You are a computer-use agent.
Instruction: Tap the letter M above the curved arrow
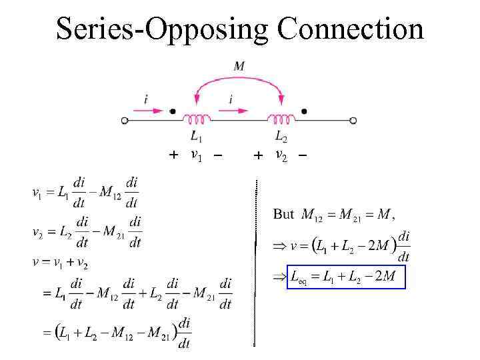[239, 66]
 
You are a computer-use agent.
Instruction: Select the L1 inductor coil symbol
[197, 119]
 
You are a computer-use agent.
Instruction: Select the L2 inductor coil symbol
[281, 119]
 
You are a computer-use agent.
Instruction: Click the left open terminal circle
[125, 121]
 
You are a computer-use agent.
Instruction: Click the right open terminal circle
[353, 121]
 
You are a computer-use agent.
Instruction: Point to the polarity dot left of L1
[173, 111]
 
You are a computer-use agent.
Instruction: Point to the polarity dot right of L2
[304, 111]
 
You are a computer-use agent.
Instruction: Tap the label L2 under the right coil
[281, 137]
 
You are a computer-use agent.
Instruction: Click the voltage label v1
[196, 156]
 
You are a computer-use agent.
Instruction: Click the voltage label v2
[281, 156]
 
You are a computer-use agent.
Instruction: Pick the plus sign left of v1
[173, 155]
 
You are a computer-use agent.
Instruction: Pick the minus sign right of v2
[303, 155]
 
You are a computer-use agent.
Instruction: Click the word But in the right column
[283, 214]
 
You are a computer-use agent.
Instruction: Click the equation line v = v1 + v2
[61, 262]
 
